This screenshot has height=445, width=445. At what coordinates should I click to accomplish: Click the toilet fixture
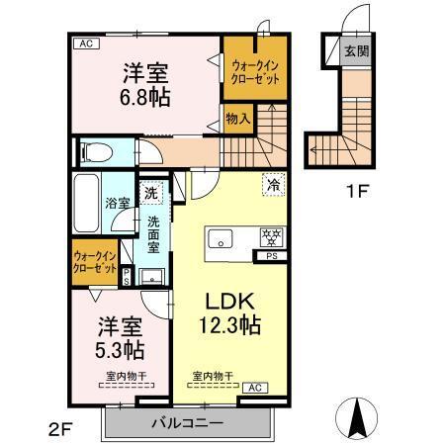pyautogui.click(x=96, y=152)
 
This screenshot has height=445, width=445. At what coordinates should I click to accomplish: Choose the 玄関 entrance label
pyautogui.click(x=355, y=50)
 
